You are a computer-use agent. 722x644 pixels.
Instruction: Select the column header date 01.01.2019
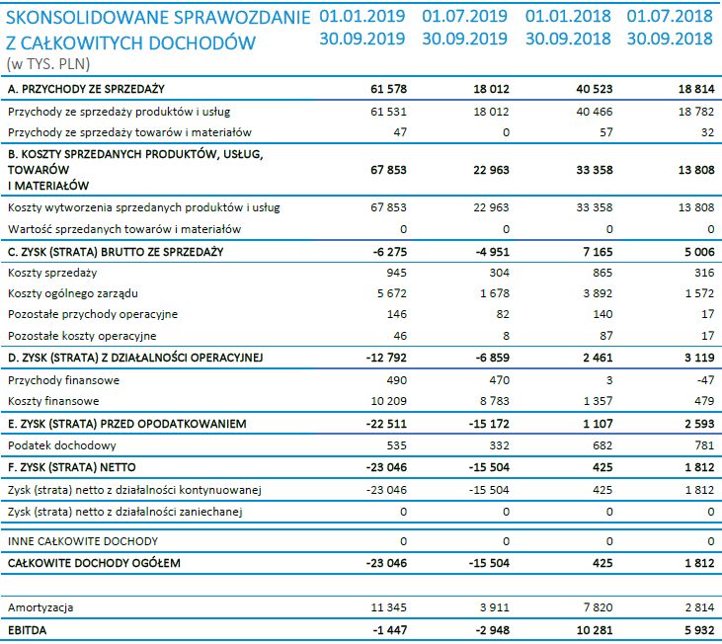pos(362,17)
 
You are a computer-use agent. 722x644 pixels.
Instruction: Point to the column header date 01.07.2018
pos(669,17)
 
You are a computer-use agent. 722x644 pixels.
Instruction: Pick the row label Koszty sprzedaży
pos(52,272)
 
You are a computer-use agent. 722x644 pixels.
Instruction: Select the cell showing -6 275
pos(386,251)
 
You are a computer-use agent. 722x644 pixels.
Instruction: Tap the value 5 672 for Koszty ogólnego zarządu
pos(391,293)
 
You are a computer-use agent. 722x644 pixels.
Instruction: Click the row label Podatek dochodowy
pos(55,445)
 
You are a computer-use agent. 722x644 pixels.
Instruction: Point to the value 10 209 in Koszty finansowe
pos(387,401)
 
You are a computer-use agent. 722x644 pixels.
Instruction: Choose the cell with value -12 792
pos(383,357)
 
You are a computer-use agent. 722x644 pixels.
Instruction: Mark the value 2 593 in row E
pos(694,423)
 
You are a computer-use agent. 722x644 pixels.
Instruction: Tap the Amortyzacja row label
pos(40,606)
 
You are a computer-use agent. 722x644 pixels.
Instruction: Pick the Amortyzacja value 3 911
pos(493,606)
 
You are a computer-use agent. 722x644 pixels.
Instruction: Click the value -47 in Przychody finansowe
pos(701,379)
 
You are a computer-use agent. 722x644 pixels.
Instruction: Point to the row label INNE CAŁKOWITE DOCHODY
pos(82,541)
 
